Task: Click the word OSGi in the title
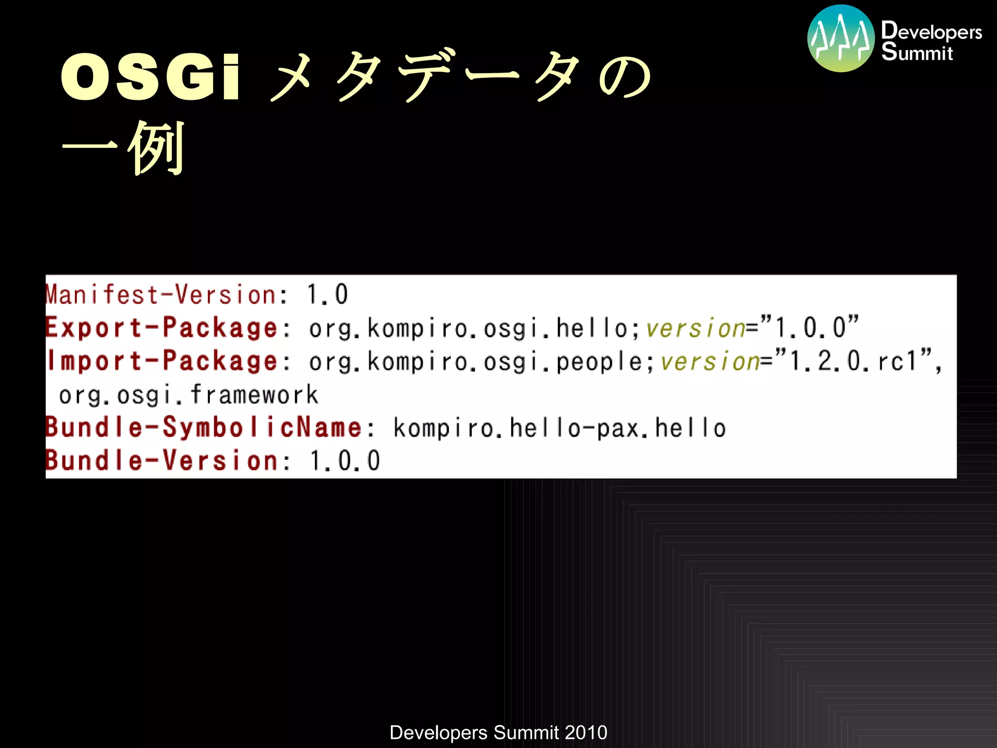click(x=150, y=77)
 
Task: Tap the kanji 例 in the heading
click(x=157, y=148)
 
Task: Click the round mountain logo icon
click(x=841, y=38)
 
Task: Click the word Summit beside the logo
click(x=917, y=52)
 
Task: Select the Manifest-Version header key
click(x=161, y=295)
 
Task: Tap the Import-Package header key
click(x=162, y=361)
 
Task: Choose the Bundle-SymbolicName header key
click(x=203, y=428)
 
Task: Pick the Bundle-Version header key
click(x=162, y=460)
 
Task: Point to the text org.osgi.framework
click(x=189, y=394)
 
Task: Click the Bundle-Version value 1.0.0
click(x=345, y=460)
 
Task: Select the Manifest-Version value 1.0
click(x=327, y=295)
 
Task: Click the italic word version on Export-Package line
click(x=695, y=328)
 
